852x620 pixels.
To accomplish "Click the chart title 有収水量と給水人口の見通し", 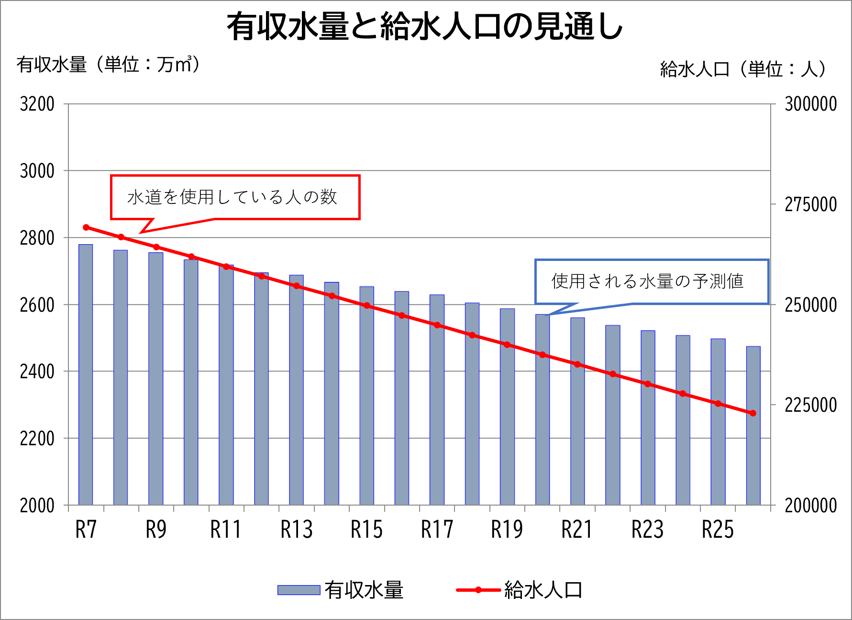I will click(425, 26).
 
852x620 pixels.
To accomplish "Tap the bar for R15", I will click(367, 397).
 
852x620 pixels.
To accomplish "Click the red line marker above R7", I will click(86, 227).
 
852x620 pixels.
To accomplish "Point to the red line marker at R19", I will click(507, 345).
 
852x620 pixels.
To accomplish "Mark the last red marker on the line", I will click(753, 413).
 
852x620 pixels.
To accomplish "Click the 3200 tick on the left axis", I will click(37, 104).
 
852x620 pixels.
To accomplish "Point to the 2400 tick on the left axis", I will click(37, 372).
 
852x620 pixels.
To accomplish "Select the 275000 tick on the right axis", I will click(810, 204).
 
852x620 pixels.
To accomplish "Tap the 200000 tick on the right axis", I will click(810, 506).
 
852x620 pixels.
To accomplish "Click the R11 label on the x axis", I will click(226, 530).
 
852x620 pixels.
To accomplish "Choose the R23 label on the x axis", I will click(647, 530).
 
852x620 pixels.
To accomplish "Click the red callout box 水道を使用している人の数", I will click(235, 197).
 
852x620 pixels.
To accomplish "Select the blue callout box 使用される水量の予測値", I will click(651, 282).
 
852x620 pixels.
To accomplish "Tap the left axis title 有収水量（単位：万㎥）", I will click(108, 64).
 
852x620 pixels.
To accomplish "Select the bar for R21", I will click(577, 412).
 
